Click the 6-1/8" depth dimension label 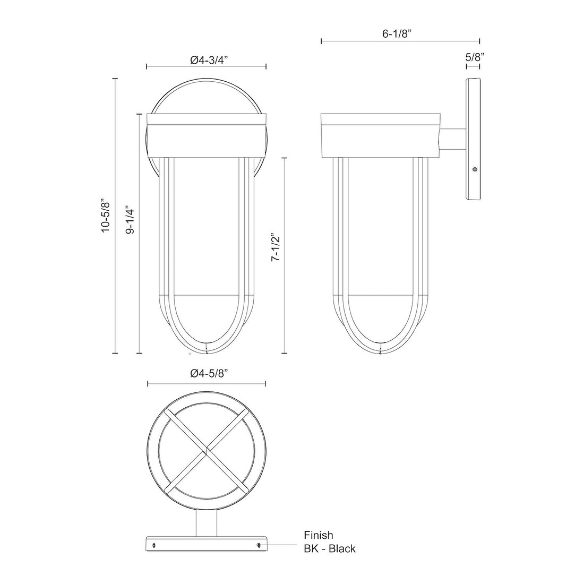point(398,33)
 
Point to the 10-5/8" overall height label point(106,215)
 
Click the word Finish point(318,535)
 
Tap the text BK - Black point(329,548)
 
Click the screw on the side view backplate point(475,169)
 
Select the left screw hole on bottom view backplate point(153,545)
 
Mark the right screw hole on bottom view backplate point(259,545)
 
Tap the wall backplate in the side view point(473,140)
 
